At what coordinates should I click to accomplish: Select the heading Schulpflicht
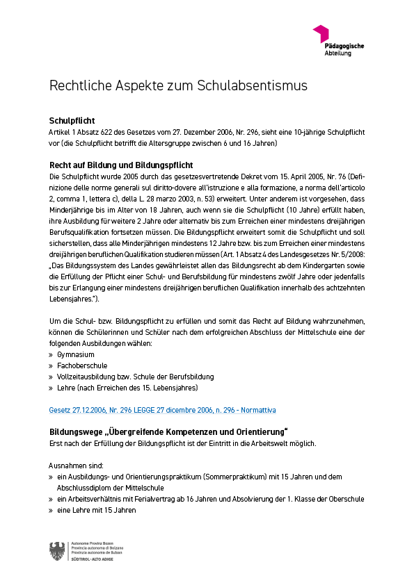click(x=72, y=121)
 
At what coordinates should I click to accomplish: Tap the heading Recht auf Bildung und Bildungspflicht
click(x=120, y=165)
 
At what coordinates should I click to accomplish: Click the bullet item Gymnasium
click(x=76, y=354)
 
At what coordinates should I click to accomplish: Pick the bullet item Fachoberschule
click(x=82, y=365)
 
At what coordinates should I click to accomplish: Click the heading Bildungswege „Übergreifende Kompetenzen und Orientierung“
click(x=168, y=432)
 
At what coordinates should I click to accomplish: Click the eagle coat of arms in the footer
click(x=57, y=552)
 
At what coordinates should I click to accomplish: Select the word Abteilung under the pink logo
click(x=338, y=53)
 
